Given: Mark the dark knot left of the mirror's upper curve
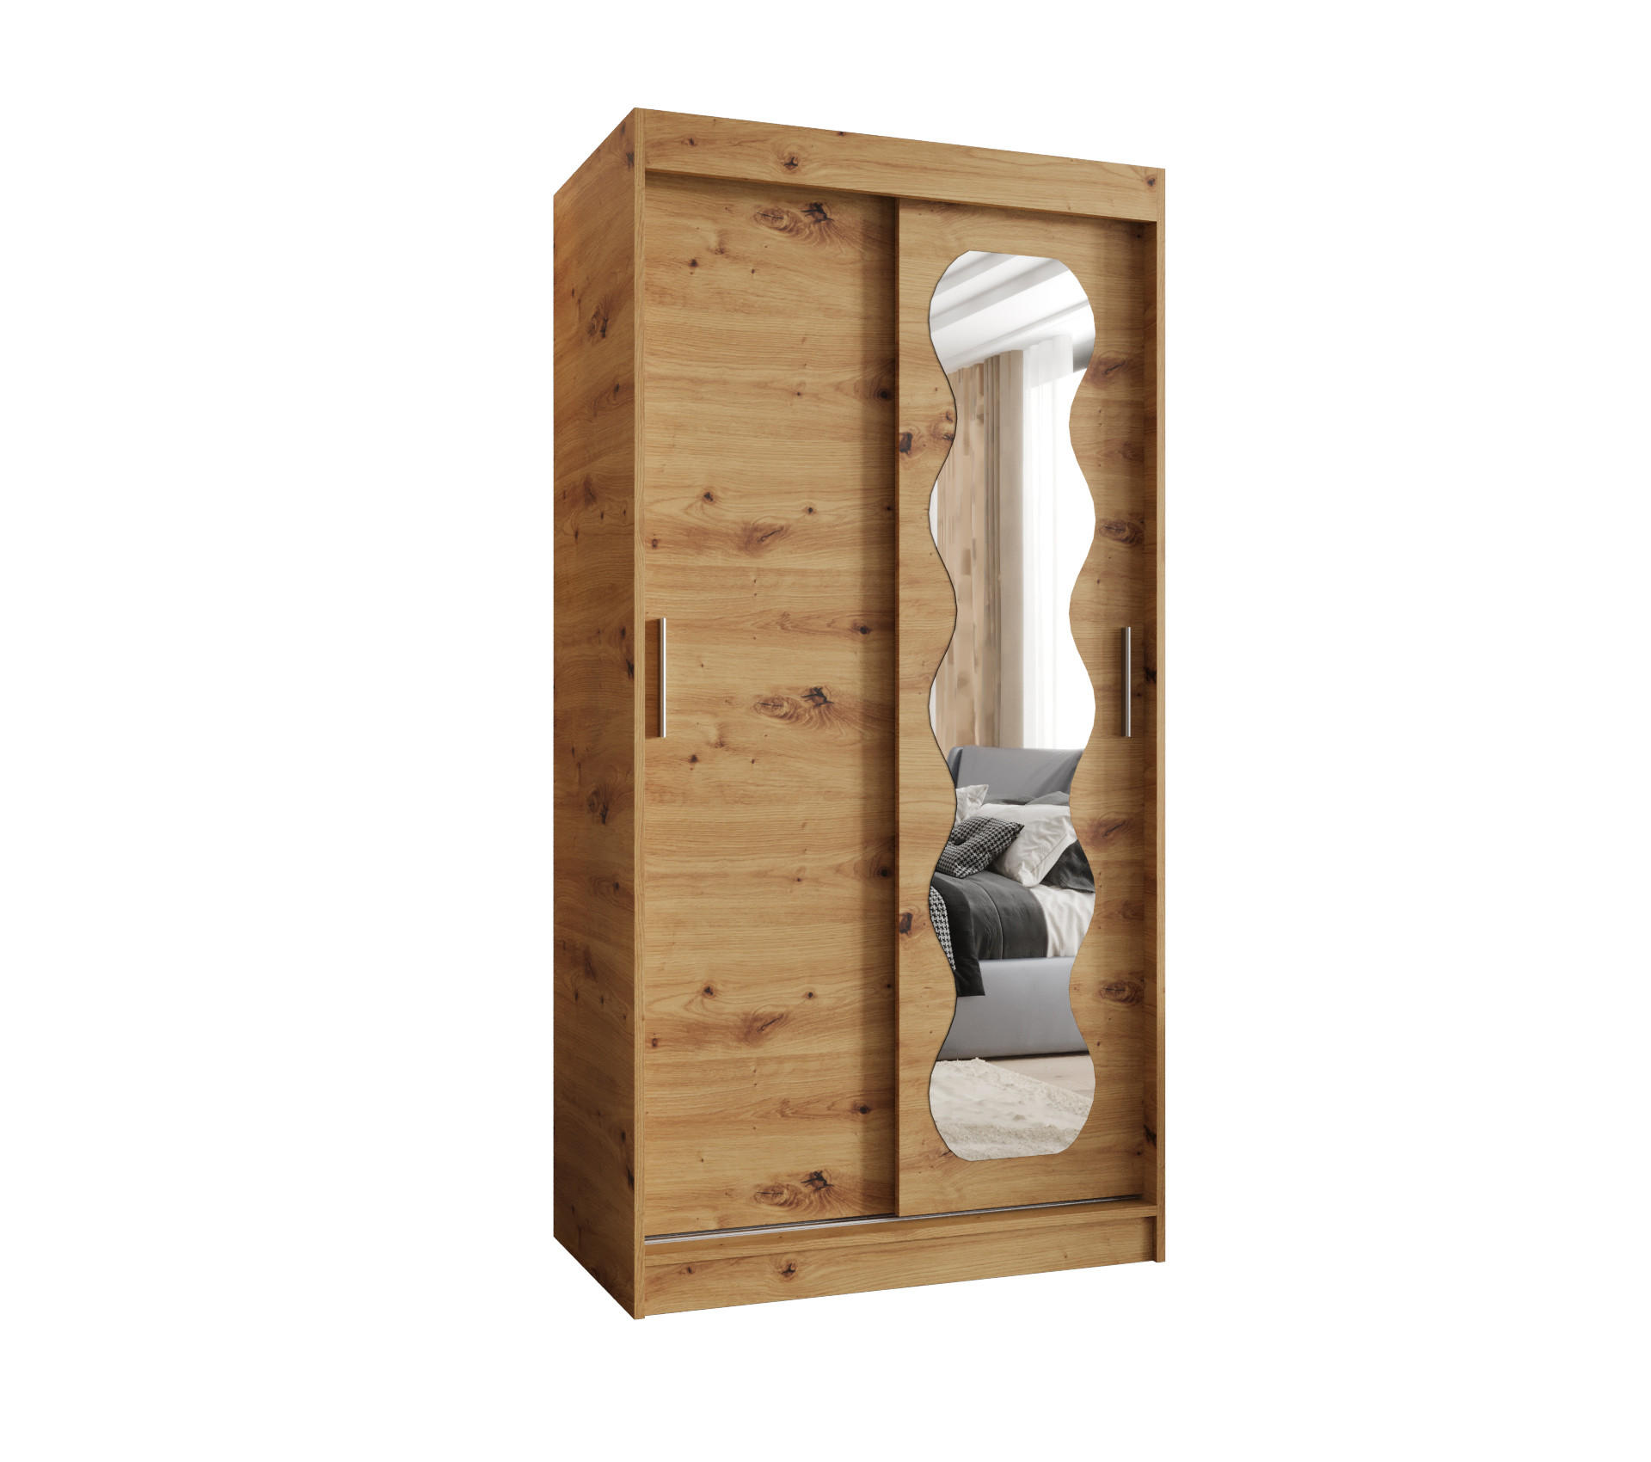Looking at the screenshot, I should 907,444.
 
